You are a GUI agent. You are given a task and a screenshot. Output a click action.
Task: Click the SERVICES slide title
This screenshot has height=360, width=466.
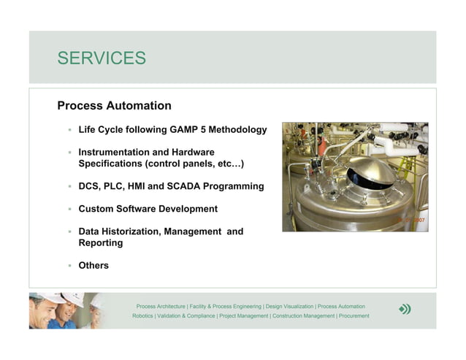coord(102,58)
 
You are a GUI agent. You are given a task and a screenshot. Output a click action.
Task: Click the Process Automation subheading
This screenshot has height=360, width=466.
coord(114,106)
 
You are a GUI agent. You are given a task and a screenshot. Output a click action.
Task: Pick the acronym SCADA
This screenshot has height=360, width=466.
coord(195,186)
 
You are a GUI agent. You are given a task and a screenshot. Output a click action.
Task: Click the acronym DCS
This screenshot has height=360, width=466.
coord(90,186)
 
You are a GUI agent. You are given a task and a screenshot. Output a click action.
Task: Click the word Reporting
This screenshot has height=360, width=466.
coord(101,243)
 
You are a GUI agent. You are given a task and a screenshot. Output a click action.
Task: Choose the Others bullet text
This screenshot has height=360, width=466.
coord(93,266)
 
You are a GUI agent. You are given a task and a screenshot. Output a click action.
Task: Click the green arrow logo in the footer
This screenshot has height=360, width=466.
coord(405,310)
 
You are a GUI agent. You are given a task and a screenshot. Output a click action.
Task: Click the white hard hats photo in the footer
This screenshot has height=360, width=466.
coord(66,310)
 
